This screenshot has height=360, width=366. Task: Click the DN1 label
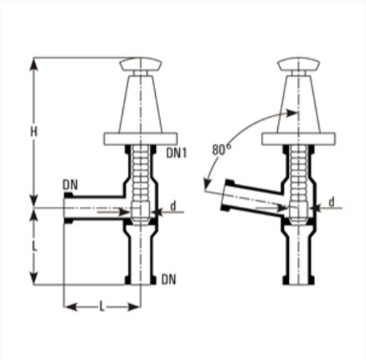[176, 152]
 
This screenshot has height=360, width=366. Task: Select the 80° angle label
[220, 149]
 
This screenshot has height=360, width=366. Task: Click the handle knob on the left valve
[139, 64]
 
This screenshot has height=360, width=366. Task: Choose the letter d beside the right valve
[332, 202]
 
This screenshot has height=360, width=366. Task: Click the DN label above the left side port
[70, 185]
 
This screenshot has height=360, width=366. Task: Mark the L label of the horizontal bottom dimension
[101, 307]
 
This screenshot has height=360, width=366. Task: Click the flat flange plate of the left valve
[139, 139]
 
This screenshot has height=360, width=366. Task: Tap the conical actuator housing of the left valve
[139, 102]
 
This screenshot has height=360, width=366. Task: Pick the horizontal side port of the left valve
[92, 208]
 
